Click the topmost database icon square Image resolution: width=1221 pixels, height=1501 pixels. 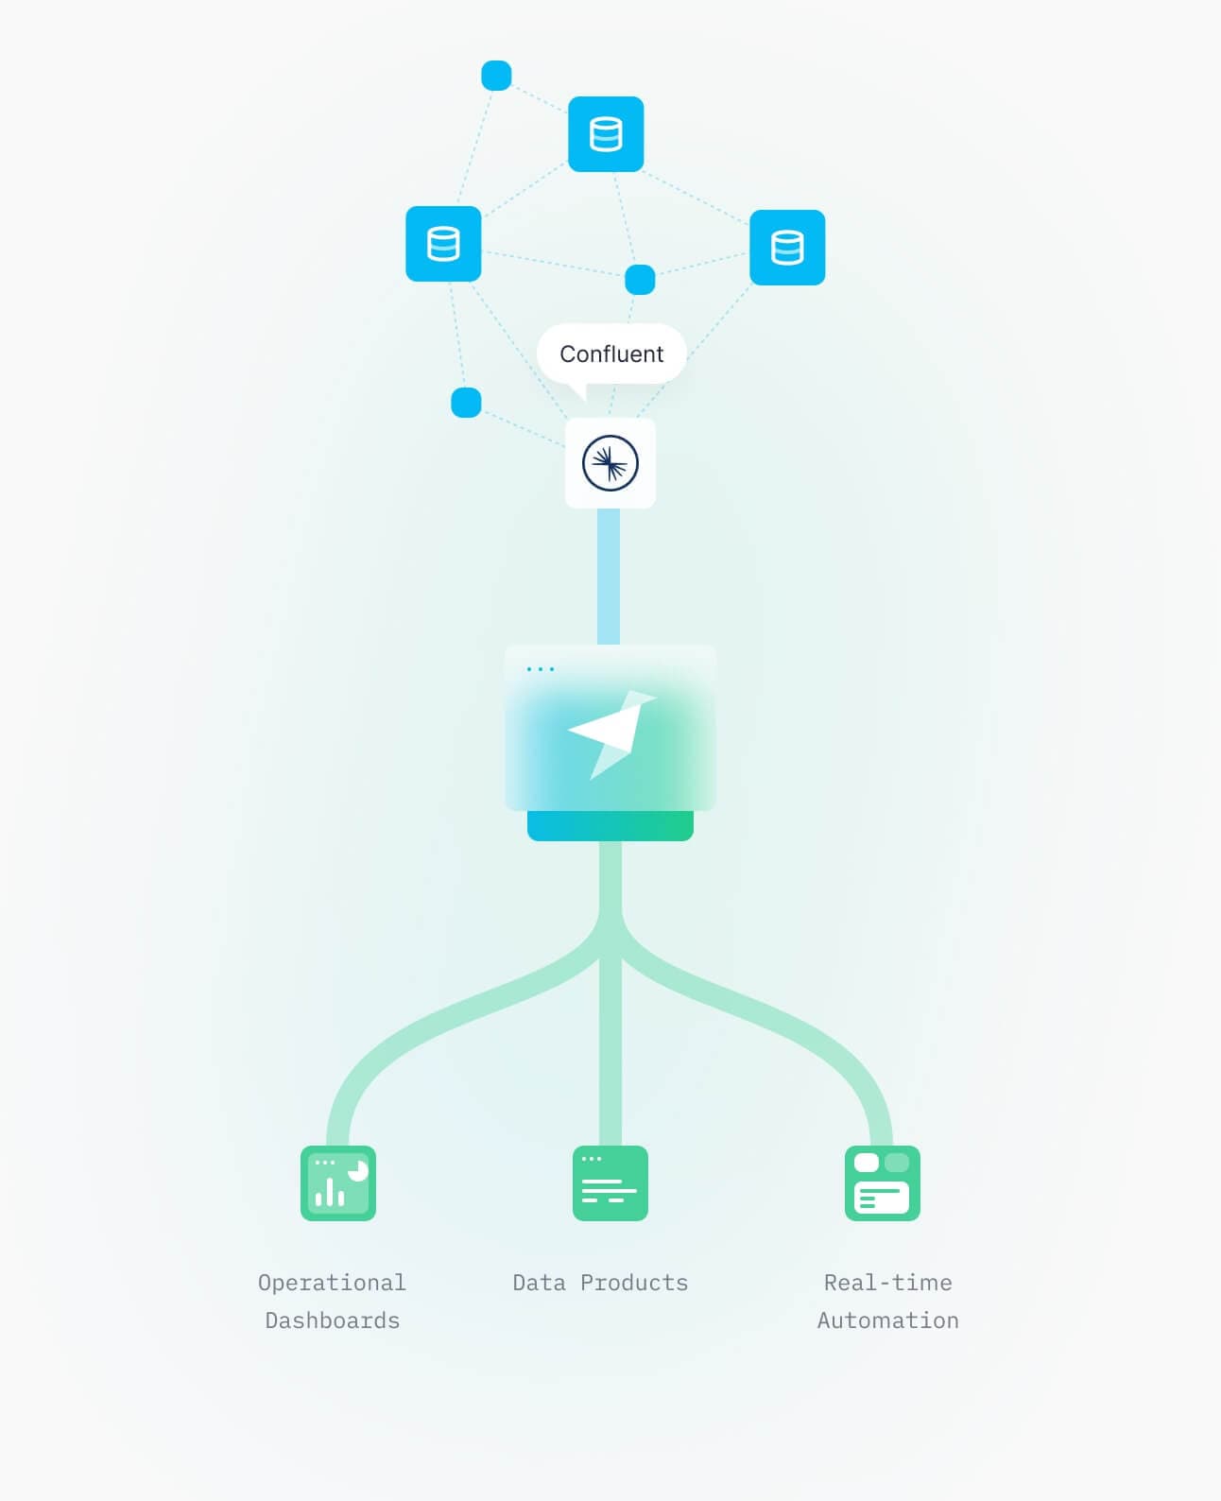[x=605, y=134]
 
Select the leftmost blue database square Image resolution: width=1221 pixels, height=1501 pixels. [x=443, y=244]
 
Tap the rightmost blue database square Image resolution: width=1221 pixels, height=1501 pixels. [x=787, y=248]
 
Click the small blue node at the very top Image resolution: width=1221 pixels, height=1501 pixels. [x=496, y=76]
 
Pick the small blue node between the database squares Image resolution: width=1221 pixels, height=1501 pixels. [x=640, y=280]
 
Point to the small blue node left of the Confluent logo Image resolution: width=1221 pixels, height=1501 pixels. [x=466, y=403]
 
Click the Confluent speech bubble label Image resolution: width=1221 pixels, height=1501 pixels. [x=611, y=354]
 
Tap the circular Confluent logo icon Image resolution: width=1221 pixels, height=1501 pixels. [x=610, y=463]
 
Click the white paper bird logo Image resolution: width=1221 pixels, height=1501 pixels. [x=611, y=734]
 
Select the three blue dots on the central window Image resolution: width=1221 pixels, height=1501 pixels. [x=541, y=669]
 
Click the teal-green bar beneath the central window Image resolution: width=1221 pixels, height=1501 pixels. [x=610, y=825]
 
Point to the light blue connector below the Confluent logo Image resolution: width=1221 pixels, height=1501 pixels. [x=609, y=577]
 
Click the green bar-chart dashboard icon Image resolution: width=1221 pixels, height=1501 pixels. [x=338, y=1183]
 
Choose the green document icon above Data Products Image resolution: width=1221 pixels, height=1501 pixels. [x=610, y=1183]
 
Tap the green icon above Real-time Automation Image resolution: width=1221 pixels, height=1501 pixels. [x=882, y=1183]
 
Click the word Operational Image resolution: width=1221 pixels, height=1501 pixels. [x=332, y=1283]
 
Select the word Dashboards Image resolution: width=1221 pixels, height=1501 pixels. [x=333, y=1320]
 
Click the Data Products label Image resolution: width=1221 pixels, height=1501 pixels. [x=600, y=1283]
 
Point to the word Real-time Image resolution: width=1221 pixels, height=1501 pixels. [x=887, y=1283]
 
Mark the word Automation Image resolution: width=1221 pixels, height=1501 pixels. [x=887, y=1320]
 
